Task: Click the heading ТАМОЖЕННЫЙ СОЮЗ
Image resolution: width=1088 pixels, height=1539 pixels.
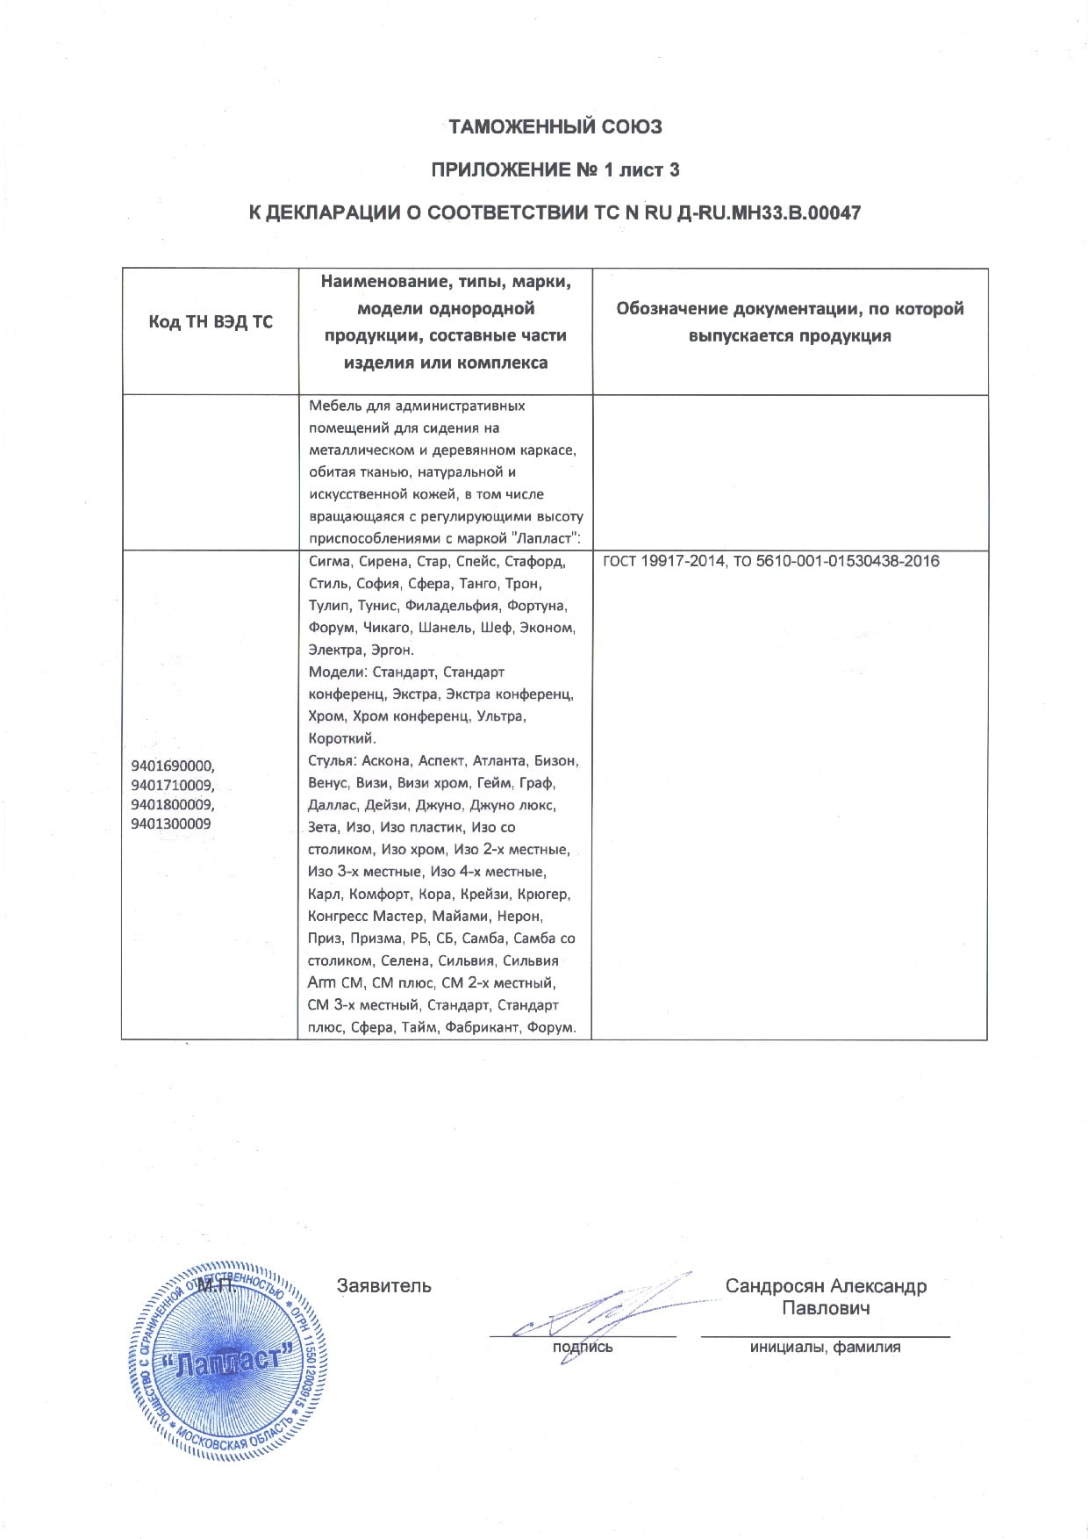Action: click(x=555, y=126)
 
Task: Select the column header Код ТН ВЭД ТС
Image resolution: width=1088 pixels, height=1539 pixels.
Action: click(x=210, y=322)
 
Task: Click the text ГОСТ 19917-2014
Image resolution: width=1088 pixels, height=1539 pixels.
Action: click(x=659, y=561)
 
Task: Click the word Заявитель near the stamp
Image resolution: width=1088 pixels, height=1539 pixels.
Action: click(x=384, y=1286)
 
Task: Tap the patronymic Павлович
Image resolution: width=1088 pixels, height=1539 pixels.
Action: click(x=826, y=1309)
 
